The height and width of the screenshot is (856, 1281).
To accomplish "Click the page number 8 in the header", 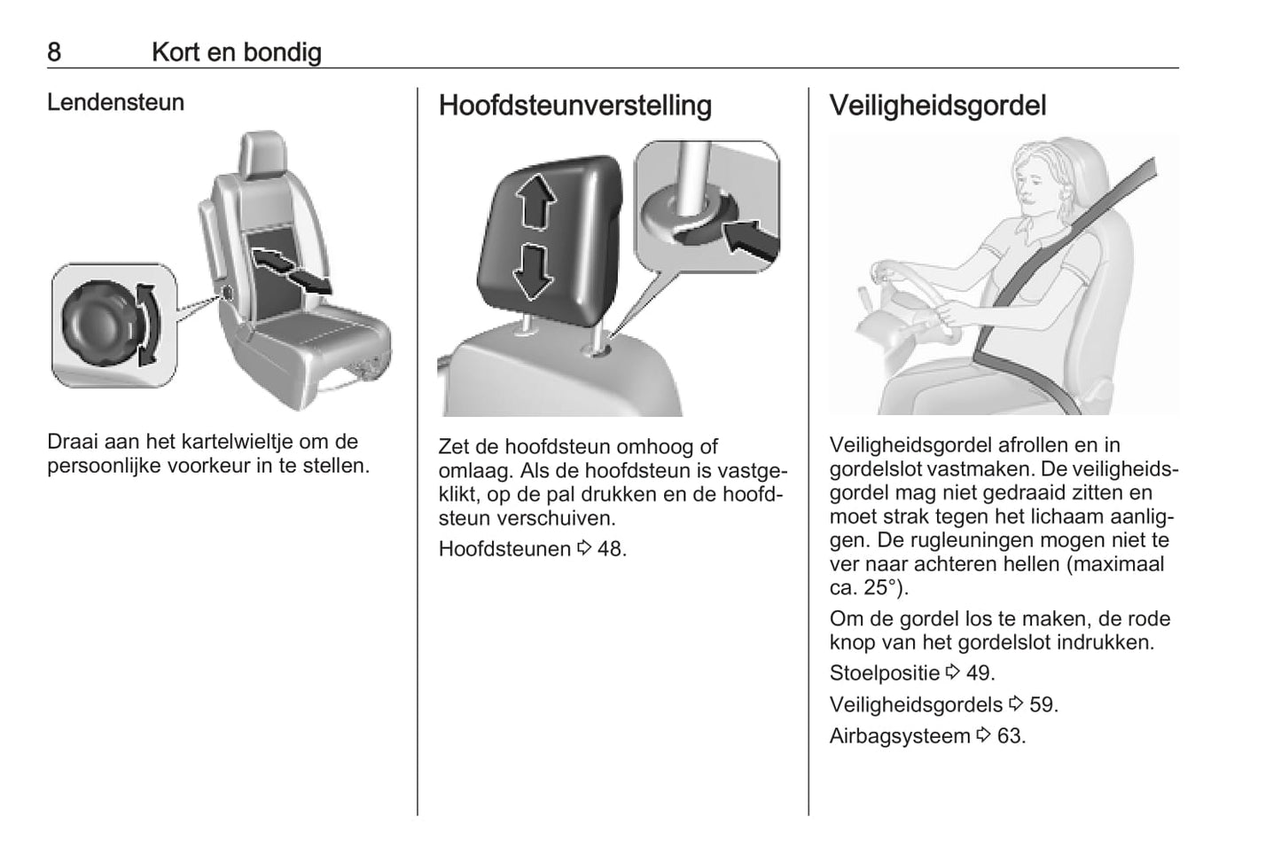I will (54, 52).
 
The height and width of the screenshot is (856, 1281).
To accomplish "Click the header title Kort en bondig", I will (236, 52).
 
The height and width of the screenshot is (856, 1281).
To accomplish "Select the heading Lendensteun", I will (115, 103).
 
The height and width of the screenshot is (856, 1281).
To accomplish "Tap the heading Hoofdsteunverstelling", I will (574, 106).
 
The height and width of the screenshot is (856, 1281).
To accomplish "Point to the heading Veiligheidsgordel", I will (937, 106).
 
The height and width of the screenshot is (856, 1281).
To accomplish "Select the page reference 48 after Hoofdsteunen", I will (610, 549).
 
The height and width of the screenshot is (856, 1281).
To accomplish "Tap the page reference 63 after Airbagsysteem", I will (1010, 736).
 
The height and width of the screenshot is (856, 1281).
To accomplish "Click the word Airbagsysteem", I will (899, 736).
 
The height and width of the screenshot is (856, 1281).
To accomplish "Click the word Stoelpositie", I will (884, 673).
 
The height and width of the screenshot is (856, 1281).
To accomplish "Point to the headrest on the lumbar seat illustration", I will (263, 153).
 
